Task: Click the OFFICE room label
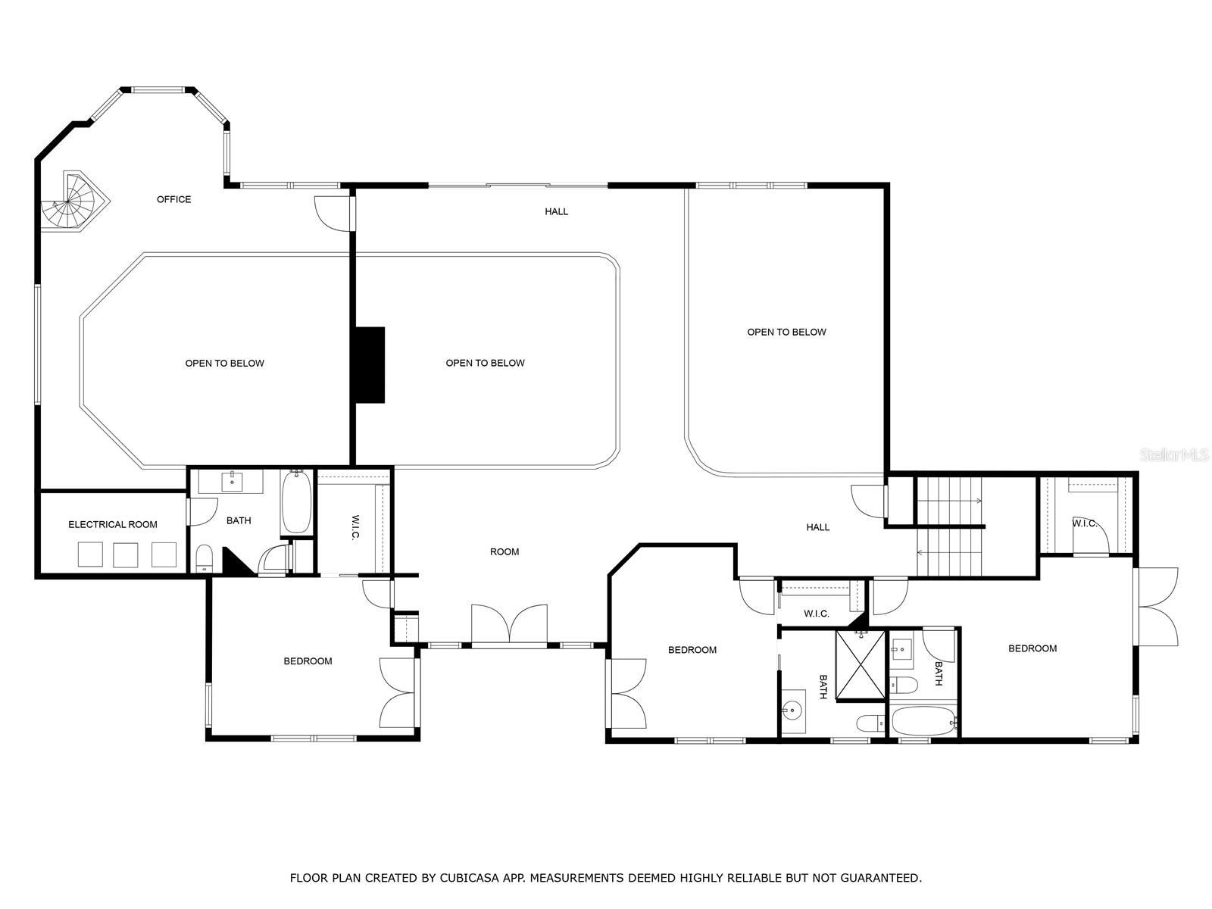click(x=173, y=199)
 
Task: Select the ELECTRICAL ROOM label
click(x=113, y=524)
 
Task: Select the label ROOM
click(x=504, y=551)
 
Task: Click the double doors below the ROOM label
click(x=509, y=626)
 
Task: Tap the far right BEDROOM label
click(x=1032, y=648)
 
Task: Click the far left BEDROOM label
click(x=308, y=661)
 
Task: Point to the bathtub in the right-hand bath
click(x=921, y=721)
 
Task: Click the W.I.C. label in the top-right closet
click(x=1085, y=523)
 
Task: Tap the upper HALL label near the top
click(x=556, y=211)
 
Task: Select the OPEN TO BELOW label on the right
click(x=786, y=332)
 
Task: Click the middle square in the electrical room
click(x=126, y=554)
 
